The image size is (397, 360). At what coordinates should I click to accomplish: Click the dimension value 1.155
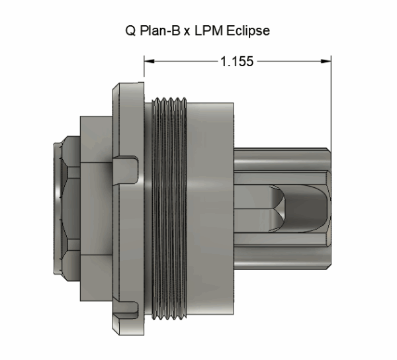click(234, 61)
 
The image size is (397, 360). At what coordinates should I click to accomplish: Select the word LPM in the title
click(210, 31)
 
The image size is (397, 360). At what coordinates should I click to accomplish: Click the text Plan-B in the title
click(155, 31)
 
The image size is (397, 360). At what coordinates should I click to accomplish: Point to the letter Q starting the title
click(130, 31)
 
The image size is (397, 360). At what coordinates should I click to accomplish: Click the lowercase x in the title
click(188, 32)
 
